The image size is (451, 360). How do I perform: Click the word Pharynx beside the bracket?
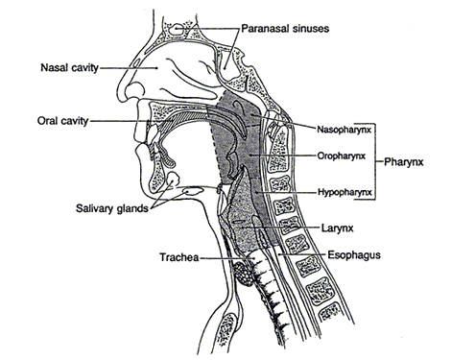pyautogui.click(x=413, y=158)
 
